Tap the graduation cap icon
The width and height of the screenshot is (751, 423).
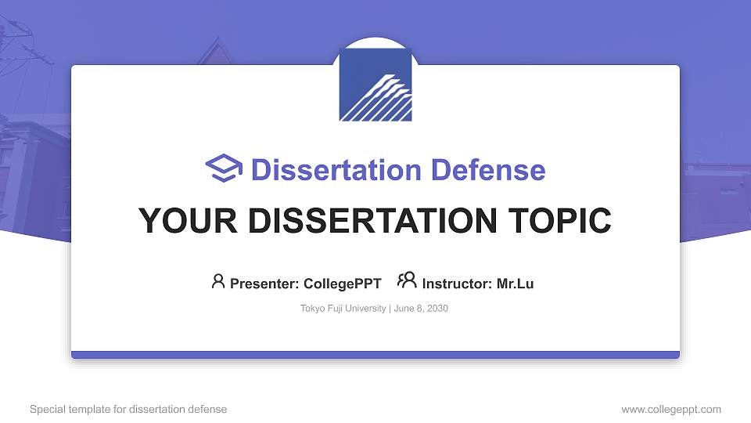[224, 168]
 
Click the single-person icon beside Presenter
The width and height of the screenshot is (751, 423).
[218, 281]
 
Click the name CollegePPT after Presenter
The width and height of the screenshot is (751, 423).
[343, 284]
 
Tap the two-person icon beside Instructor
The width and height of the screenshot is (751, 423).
[407, 281]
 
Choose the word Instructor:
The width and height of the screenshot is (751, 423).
[457, 284]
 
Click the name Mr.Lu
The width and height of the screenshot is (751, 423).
[516, 284]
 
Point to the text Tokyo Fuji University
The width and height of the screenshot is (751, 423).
[343, 309]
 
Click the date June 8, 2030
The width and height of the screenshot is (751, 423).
[421, 309]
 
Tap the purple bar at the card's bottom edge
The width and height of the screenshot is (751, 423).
[375, 355]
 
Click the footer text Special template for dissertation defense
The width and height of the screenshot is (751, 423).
[128, 409]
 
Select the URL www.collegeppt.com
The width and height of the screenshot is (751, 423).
[671, 409]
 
